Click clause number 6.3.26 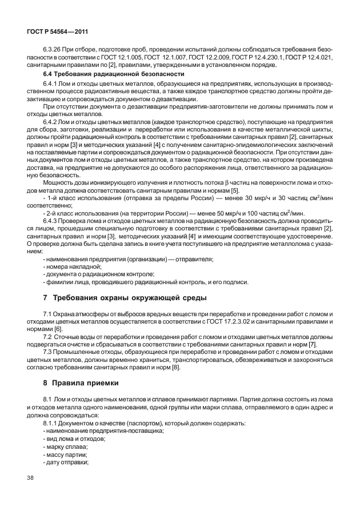(53, 50)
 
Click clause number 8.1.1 (51, 422)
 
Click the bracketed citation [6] (58, 329)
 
